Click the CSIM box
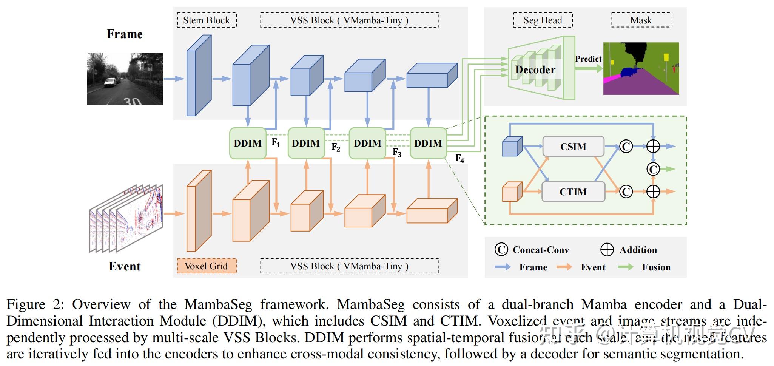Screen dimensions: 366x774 tap(573, 147)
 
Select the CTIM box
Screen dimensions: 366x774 tap(573, 192)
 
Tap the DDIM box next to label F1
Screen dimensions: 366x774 tap(248, 143)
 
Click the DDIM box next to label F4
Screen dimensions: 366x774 tap(428, 143)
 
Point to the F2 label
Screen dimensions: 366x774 tap(336, 147)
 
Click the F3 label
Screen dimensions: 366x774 tap(397, 152)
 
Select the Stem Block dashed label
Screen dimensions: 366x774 tap(207, 20)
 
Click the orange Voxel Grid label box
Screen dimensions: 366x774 tap(207, 266)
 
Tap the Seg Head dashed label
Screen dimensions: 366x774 tap(543, 20)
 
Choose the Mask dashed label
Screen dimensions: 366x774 tap(641, 20)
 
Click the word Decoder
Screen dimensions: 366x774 tap(535, 70)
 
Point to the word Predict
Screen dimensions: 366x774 tap(588, 59)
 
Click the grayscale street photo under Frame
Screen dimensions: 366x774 tap(125, 79)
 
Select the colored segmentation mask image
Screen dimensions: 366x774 tap(641, 68)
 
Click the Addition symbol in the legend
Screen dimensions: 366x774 tap(607, 250)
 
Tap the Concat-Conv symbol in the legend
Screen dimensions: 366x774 tap(501, 250)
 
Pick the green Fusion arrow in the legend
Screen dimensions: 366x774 tap(626, 267)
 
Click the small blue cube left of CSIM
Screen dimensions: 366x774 tap(512, 147)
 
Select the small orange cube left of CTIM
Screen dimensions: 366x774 tap(512, 192)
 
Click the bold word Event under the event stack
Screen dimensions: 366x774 tap(125, 266)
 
